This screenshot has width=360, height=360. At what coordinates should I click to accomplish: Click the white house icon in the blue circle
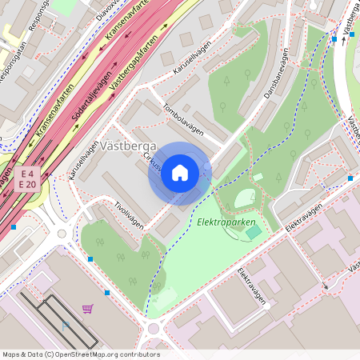click(x=180, y=173)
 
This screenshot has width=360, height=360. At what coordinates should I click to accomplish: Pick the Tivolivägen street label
click(x=129, y=214)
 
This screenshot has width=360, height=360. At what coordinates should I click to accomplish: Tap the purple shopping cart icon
click(x=87, y=308)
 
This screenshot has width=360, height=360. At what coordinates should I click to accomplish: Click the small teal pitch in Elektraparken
click(x=254, y=232)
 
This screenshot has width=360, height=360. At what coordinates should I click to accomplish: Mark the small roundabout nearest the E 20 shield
click(x=62, y=234)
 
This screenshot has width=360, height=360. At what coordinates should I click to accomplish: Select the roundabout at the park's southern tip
click(x=154, y=328)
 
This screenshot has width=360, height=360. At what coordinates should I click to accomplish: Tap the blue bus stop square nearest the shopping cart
click(x=107, y=293)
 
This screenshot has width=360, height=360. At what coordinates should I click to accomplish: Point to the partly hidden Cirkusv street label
click(x=151, y=162)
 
